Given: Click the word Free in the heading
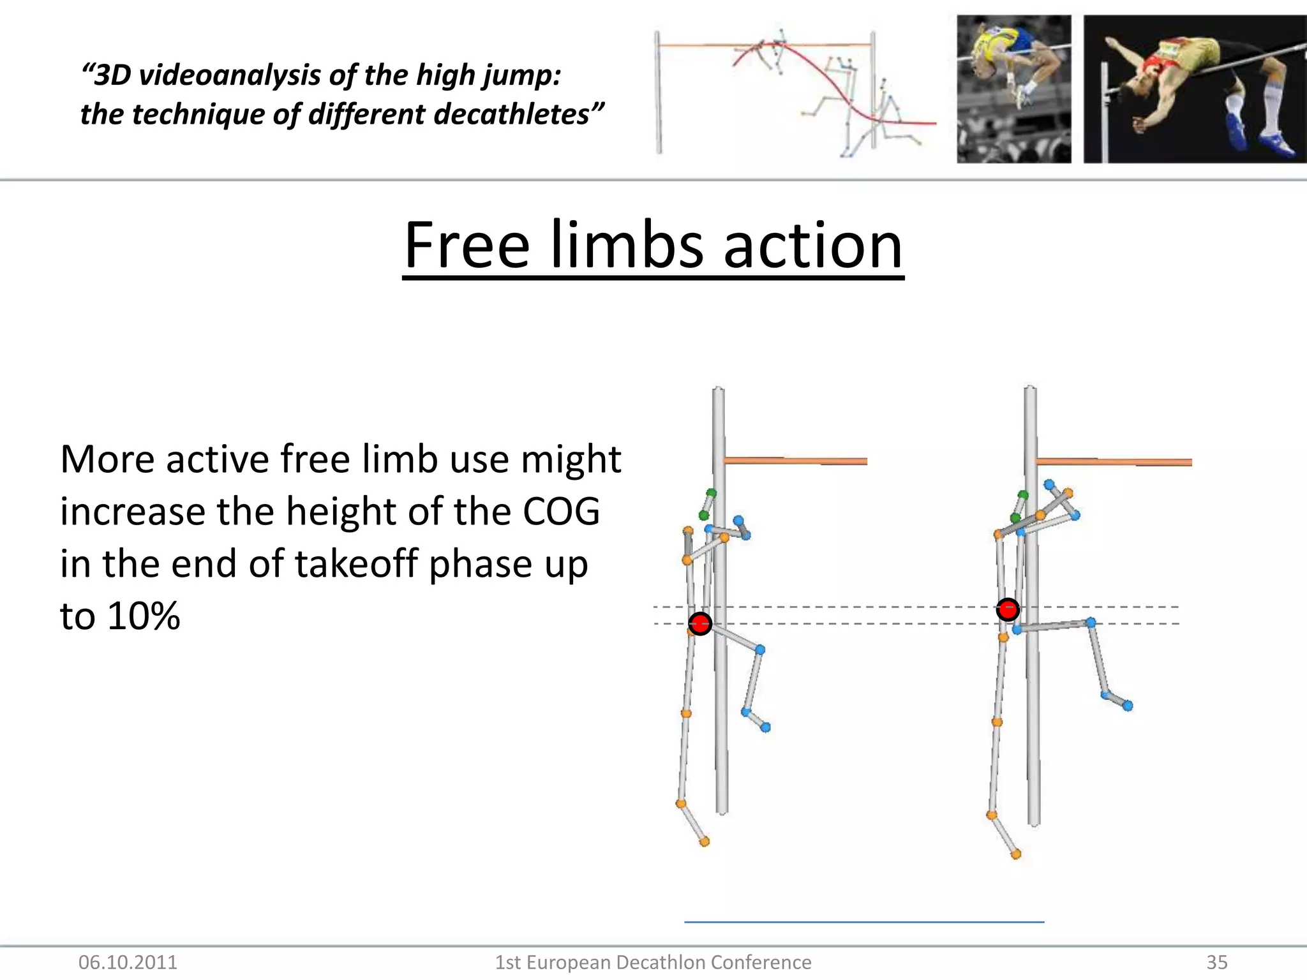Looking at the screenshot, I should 467,246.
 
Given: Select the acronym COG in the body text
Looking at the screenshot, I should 561,512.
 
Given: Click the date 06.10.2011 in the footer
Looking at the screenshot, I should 128,962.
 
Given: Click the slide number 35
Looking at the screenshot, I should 1216,962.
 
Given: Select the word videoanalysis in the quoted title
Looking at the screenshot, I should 229,75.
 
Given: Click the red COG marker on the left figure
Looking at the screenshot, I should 700,623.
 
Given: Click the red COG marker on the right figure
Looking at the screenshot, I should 1008,609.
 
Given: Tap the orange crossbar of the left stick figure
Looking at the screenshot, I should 795,461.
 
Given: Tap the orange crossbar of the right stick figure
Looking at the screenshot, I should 1113,462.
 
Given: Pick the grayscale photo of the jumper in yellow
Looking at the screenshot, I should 1013,89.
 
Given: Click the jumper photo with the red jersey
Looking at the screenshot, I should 1195,89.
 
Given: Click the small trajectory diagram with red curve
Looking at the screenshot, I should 795,93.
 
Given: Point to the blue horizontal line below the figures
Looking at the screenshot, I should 863,922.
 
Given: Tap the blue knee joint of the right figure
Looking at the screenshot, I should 1091,622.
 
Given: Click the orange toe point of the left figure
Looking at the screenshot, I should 705,842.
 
